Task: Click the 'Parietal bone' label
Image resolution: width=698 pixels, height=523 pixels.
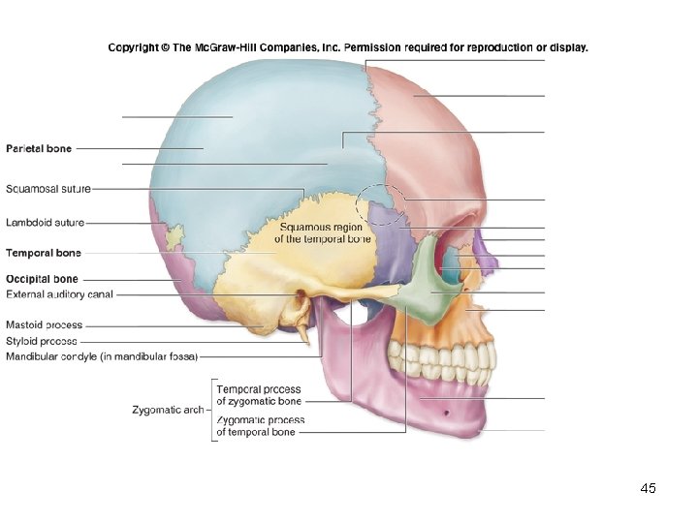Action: pos(39,148)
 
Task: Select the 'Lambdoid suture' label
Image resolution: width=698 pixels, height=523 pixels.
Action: pos(46,222)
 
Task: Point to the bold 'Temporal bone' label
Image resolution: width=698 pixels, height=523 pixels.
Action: pos(44,253)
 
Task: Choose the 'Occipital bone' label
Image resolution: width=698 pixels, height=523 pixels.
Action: pos(42,280)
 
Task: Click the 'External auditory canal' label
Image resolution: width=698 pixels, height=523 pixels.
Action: pos(60,293)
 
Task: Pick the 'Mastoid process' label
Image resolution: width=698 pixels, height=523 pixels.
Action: pos(45,325)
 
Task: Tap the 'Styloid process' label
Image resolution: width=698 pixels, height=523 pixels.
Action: pos(42,341)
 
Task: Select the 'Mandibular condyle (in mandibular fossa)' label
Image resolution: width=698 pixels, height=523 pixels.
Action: pos(102,356)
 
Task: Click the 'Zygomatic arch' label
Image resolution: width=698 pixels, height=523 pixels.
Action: pos(168,410)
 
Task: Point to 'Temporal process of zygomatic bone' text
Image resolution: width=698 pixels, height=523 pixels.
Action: pos(259,394)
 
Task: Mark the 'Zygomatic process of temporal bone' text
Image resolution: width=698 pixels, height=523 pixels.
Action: pos(259,426)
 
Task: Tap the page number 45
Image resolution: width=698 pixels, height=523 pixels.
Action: pos(649,489)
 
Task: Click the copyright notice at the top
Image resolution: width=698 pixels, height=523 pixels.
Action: pos(347,46)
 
